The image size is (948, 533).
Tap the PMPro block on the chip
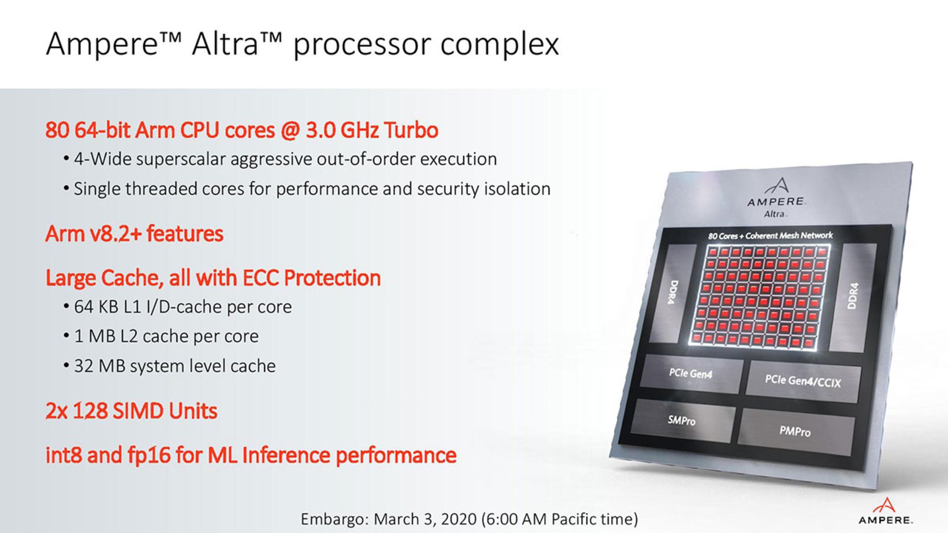(x=795, y=431)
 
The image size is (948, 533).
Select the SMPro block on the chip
(x=681, y=420)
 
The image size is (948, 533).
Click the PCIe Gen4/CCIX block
(x=803, y=380)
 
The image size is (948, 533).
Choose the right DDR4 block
(x=853, y=296)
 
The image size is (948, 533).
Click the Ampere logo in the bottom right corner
(x=886, y=511)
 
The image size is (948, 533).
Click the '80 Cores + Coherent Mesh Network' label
(x=770, y=235)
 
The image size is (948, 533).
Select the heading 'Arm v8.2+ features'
(x=134, y=233)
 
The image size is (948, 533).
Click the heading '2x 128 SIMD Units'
(x=131, y=411)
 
